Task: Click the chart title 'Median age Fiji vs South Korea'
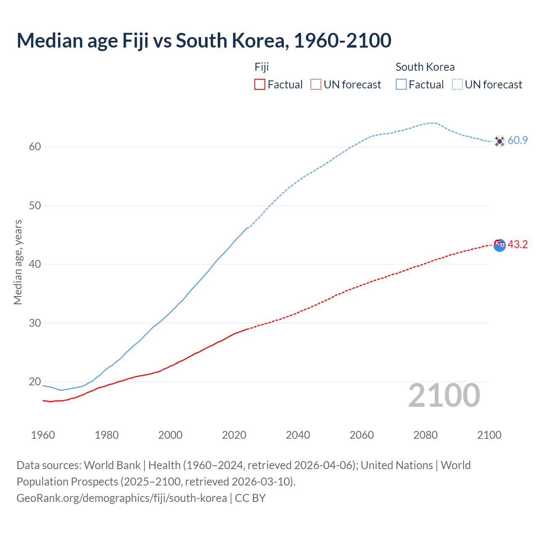coord(204,40)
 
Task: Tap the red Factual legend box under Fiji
coord(260,84)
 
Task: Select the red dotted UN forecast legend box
coord(316,84)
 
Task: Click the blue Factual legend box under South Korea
coord(401,84)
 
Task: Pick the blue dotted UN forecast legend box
coord(457,84)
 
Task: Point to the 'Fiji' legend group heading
coord(261,67)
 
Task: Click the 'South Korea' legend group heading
coord(425,67)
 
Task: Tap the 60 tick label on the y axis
coord(35,147)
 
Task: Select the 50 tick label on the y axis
coord(35,205)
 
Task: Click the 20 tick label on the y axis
coord(35,382)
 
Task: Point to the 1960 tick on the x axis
coord(43,435)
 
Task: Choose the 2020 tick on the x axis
coord(234,435)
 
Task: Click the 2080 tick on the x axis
coord(425,435)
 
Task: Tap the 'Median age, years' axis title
coord(18,262)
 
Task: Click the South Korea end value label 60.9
coord(518,141)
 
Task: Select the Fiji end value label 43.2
coord(518,245)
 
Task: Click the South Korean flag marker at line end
coord(499,141)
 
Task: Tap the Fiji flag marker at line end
coord(499,245)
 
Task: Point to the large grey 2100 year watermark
coord(444,395)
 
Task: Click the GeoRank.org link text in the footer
coord(122,498)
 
